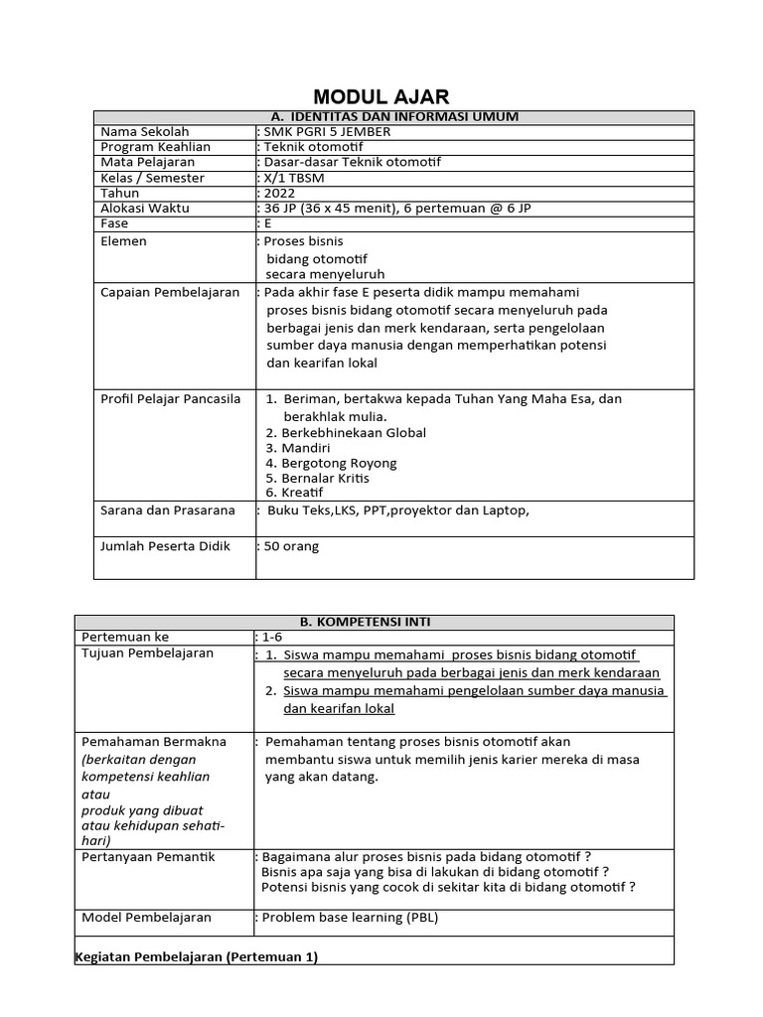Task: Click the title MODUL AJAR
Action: pos(381,96)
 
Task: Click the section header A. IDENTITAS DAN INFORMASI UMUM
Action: pos(393,117)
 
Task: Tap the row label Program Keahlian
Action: pos(152,147)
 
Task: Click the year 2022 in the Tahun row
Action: pos(279,193)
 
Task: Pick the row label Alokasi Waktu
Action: pos(145,209)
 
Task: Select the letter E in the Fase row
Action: pos(266,223)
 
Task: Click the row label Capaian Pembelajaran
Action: pos(171,292)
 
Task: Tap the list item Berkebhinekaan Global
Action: pos(346,433)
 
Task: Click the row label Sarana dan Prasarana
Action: pos(168,510)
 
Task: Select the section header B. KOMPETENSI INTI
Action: pos(374,622)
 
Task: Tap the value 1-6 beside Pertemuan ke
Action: pos(271,637)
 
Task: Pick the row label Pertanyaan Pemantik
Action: pos(148,857)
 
